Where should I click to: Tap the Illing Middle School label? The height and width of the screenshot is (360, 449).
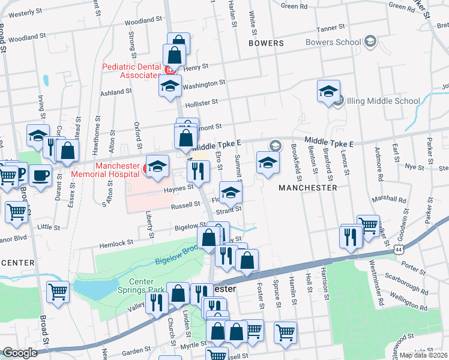tap(382, 101)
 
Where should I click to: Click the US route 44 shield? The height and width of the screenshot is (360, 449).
tap(398, 248)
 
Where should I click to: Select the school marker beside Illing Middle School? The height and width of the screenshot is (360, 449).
tap(328, 91)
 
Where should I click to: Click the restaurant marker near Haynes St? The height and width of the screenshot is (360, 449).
tap(197, 172)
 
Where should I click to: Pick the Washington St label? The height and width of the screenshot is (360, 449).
tap(203, 85)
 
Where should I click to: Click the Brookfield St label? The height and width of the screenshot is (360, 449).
tap(294, 160)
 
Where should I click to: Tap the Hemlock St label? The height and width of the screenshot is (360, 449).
tap(115, 243)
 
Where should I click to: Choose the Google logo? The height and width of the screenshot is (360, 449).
tap(20, 353)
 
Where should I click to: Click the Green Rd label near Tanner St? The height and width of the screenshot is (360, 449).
tap(294, 6)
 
